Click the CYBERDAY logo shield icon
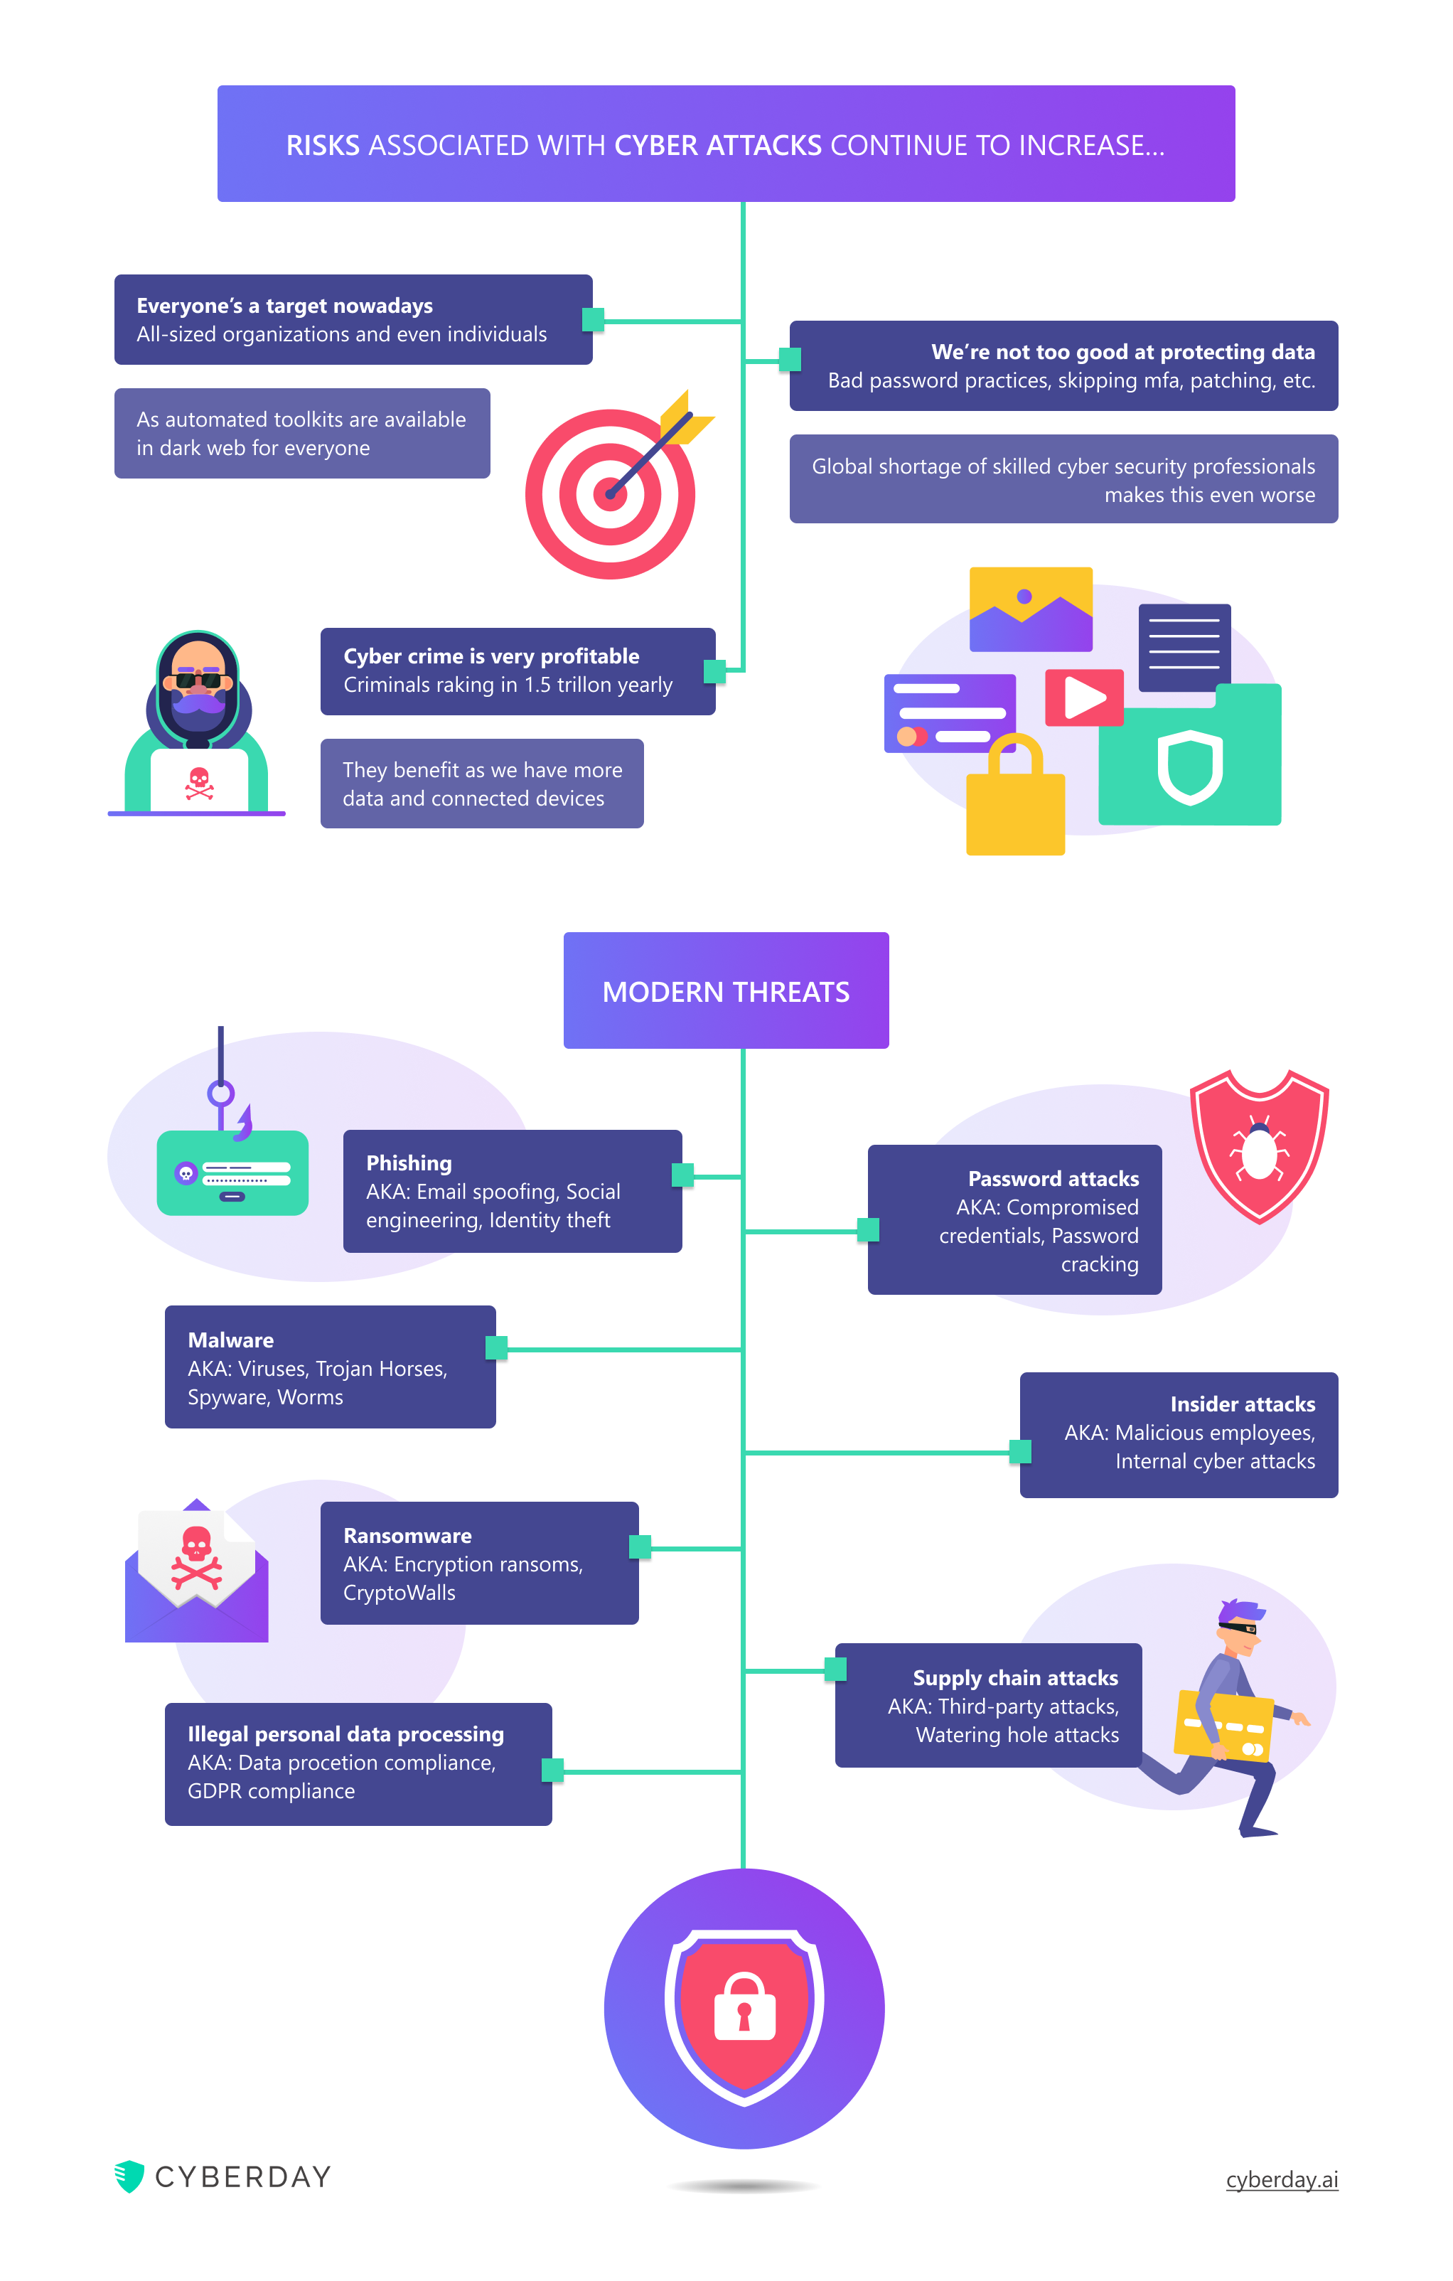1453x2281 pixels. [x=129, y=2176]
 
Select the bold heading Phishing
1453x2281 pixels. [x=409, y=1163]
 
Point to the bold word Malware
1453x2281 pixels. [x=230, y=1340]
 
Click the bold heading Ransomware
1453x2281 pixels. [x=407, y=1536]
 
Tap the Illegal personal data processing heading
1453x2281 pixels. [x=345, y=1734]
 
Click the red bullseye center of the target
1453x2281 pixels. [x=609, y=493]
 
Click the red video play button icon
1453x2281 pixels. [x=1083, y=698]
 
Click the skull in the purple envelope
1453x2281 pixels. [x=196, y=1556]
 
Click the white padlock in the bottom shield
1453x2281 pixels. [x=744, y=2007]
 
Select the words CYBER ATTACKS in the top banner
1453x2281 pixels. [x=718, y=145]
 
